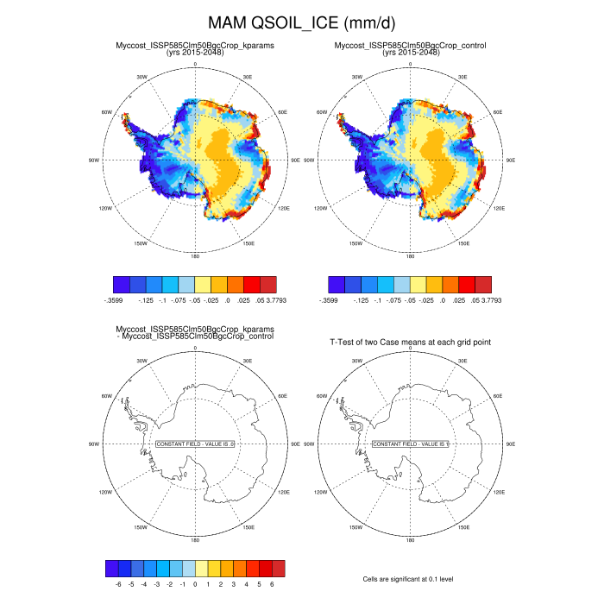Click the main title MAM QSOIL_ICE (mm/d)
point(301,22)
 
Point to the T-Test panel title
point(410,343)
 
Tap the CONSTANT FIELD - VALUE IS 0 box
point(196,444)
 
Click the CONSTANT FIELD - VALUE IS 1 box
point(411,444)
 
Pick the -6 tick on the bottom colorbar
point(117,584)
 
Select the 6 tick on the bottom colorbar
point(272,584)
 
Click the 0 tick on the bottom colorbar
point(195,584)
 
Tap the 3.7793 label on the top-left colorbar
point(269,300)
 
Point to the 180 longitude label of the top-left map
point(195,256)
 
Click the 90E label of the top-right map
point(511,160)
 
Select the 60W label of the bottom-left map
point(107,396)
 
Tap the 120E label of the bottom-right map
point(499,492)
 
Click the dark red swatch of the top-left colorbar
point(268,284)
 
